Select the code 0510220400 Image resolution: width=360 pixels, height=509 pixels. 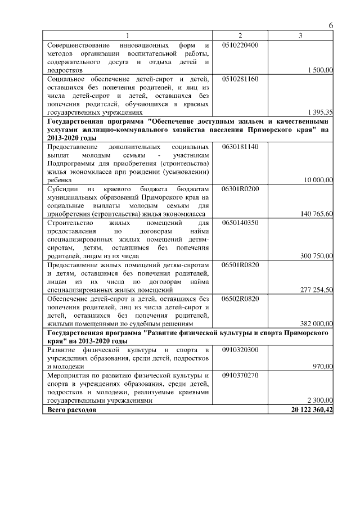pos(240,44)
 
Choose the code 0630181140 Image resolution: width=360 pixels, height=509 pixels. pos(240,146)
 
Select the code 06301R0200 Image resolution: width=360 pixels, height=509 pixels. pos(240,188)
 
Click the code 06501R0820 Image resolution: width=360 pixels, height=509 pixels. pos(240,264)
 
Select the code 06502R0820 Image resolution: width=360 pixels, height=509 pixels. pos(240,298)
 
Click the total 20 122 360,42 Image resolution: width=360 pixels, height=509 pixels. pos(308,410)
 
